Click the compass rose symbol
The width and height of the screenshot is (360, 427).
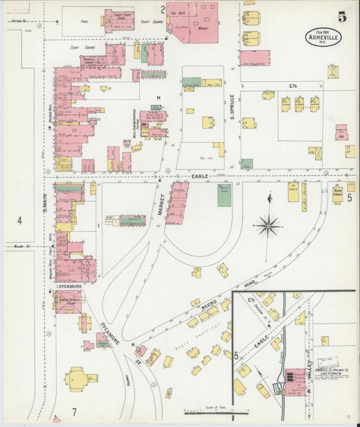point(269,225)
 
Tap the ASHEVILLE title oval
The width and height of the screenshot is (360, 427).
point(322,36)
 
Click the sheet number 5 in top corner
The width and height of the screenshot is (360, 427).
point(342,17)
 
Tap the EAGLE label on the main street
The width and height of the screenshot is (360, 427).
point(199,176)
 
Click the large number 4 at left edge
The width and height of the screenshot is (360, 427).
point(20,220)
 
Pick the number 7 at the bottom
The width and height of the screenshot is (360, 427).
point(75,412)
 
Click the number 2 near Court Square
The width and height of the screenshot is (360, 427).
point(163,9)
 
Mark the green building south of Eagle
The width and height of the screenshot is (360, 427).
point(224,195)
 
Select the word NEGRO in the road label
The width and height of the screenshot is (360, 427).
point(209,305)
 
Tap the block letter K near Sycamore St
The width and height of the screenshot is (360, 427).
point(133,345)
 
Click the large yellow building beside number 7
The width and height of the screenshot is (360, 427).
point(76,379)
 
